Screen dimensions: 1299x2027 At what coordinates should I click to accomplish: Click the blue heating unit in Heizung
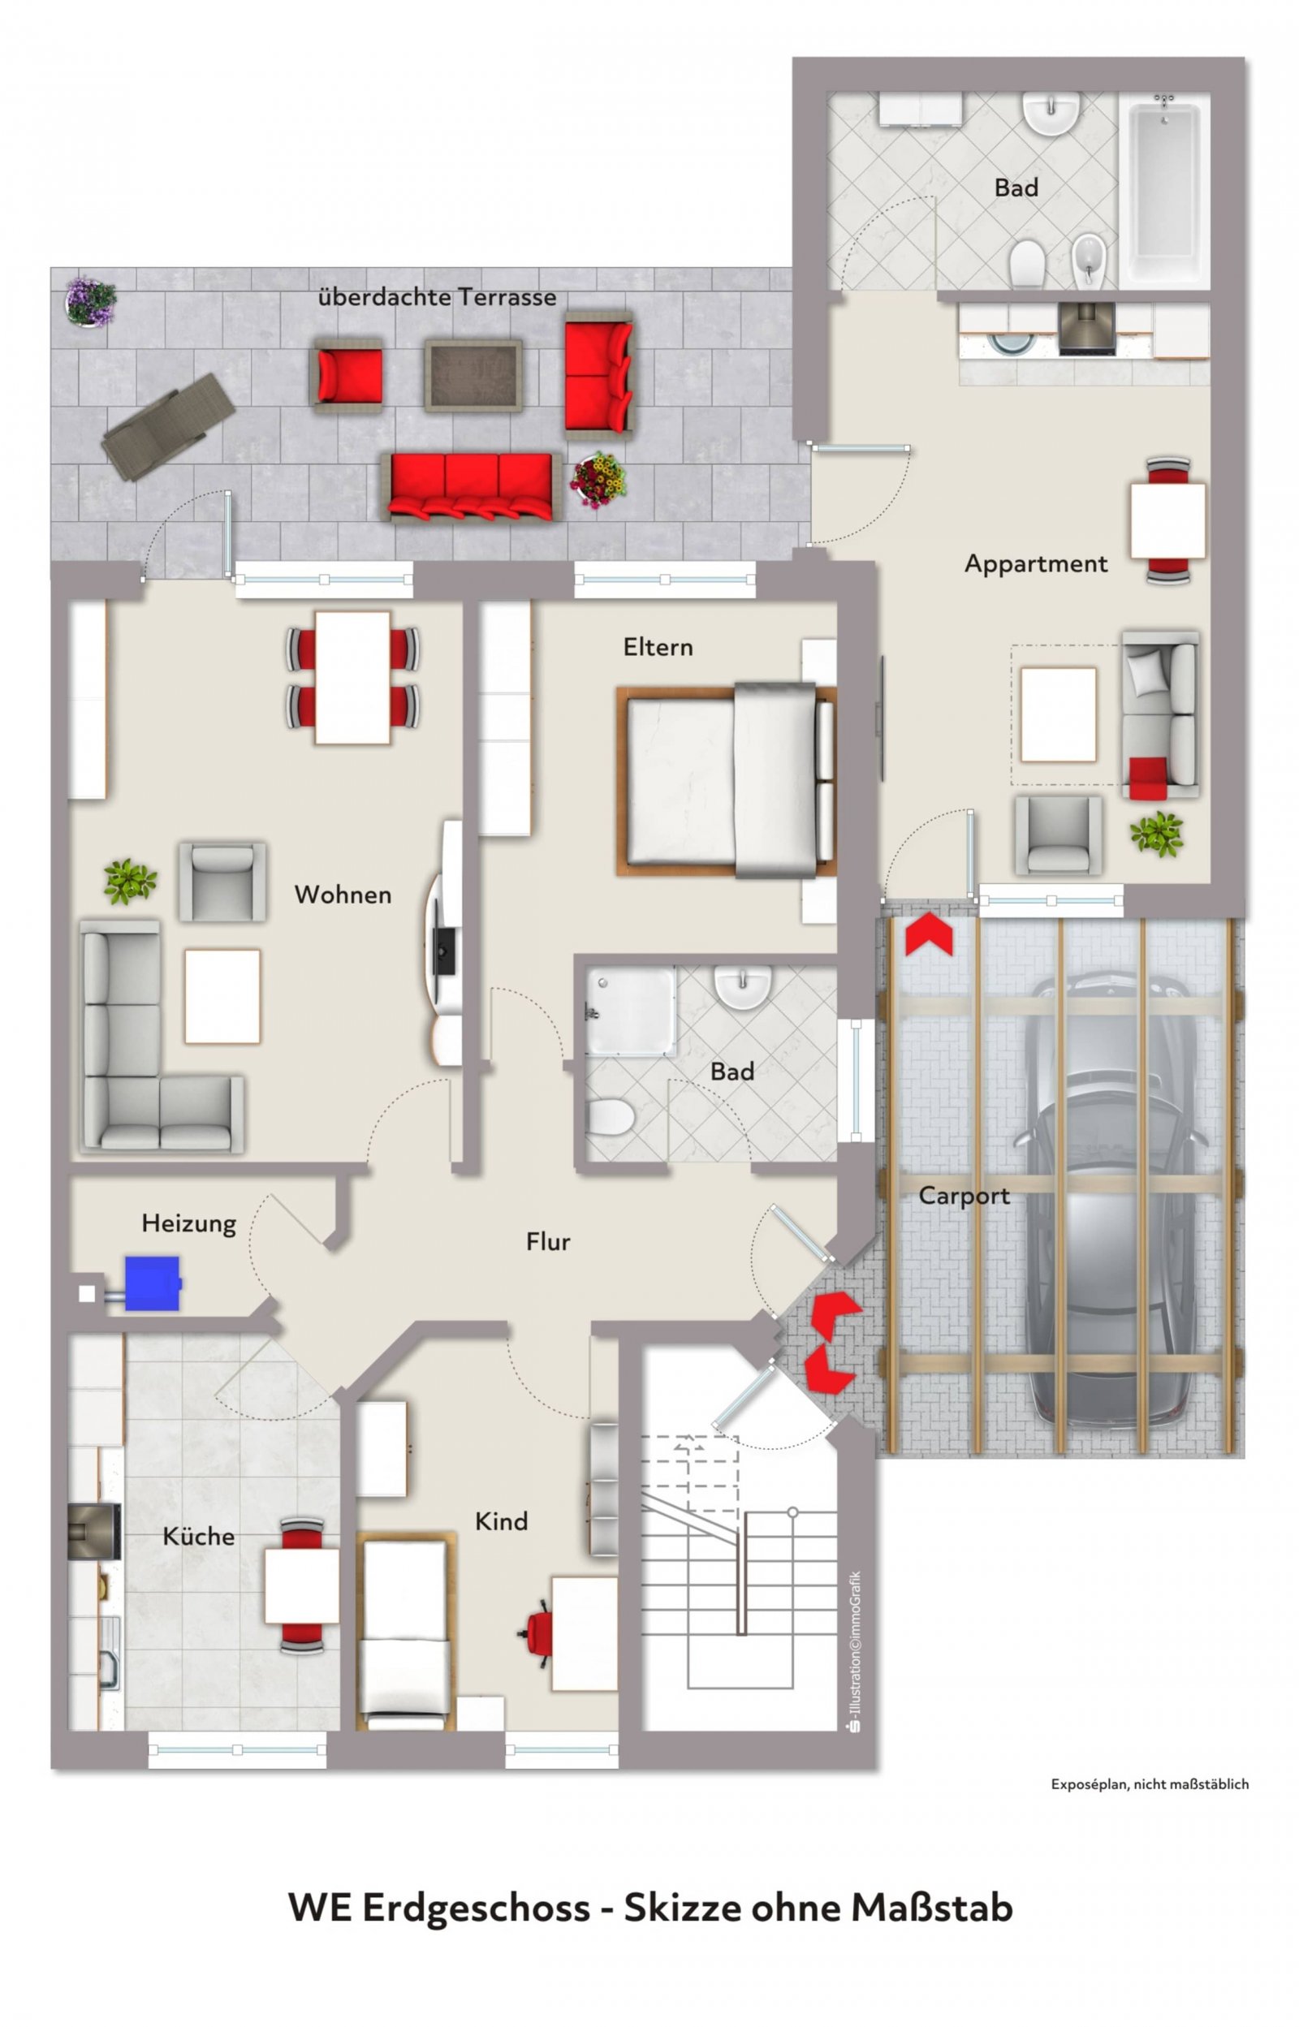(x=153, y=1283)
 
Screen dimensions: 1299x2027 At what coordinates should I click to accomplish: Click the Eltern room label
(x=658, y=648)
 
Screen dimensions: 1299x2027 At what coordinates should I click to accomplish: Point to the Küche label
(x=199, y=1535)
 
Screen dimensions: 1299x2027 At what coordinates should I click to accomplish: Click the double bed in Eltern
(x=727, y=780)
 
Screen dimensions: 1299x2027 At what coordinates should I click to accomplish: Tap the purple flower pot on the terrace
(x=90, y=301)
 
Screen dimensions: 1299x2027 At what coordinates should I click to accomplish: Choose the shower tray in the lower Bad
(x=631, y=1011)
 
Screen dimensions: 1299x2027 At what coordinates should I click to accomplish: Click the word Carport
(x=965, y=1197)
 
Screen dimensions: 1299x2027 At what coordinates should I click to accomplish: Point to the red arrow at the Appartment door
(x=929, y=935)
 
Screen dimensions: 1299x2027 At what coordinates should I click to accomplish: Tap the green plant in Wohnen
(x=130, y=881)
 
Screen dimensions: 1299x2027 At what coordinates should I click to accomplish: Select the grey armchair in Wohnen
(x=222, y=881)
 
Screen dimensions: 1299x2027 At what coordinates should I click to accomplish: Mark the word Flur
(x=548, y=1241)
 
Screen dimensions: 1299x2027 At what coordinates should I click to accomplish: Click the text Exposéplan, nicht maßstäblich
(x=1150, y=1783)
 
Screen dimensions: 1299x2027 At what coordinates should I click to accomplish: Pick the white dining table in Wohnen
(x=352, y=678)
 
